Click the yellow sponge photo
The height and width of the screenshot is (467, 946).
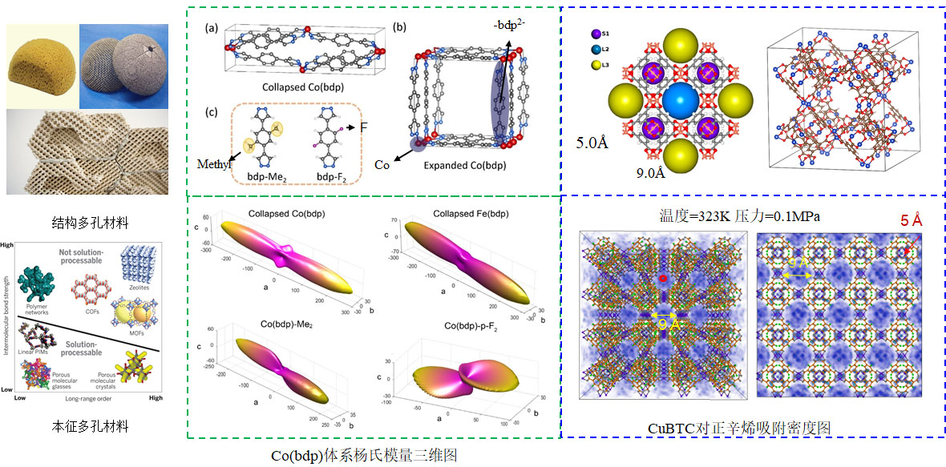coord(42,65)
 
